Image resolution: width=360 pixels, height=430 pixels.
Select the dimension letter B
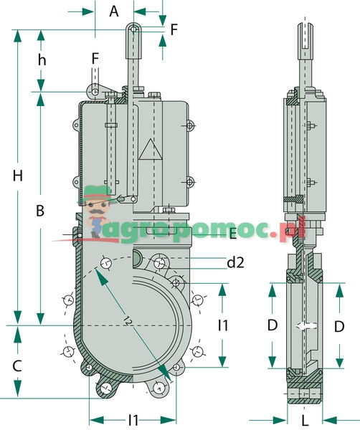41,211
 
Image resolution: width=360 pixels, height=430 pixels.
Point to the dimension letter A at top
113,11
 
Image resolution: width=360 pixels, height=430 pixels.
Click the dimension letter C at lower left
18,365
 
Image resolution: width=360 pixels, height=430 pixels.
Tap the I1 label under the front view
133,419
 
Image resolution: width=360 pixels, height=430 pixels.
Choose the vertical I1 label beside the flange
223,325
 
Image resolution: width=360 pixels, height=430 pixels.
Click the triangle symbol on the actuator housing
152,151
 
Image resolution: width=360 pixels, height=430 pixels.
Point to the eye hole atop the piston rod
133,29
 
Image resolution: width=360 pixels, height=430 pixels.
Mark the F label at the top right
173,29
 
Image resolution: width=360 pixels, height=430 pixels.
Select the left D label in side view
273,325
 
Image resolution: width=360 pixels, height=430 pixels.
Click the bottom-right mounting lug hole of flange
158,388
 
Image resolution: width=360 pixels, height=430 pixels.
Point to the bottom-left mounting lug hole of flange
107,388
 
